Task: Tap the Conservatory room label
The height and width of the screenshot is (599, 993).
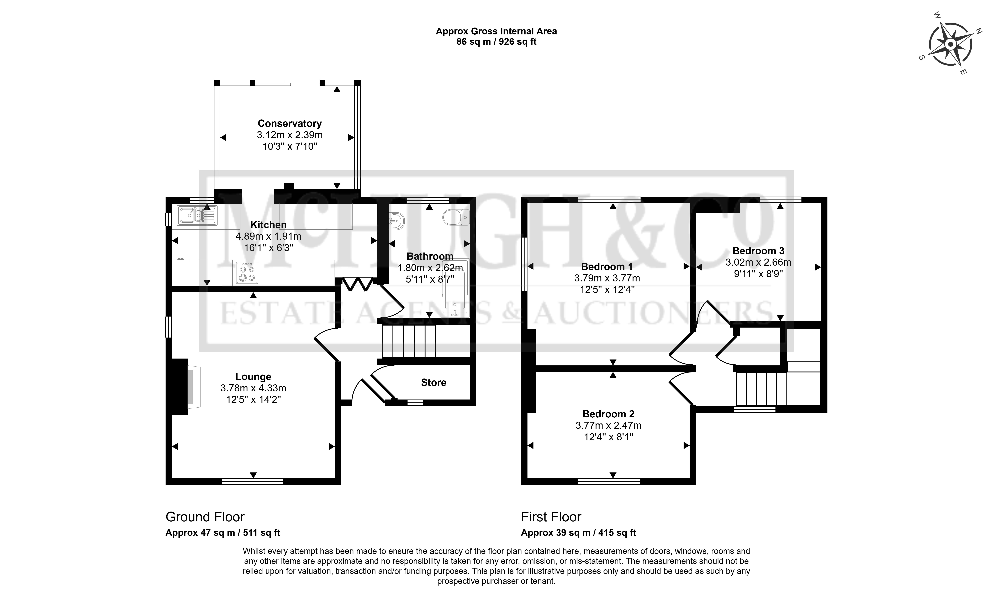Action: [x=290, y=123]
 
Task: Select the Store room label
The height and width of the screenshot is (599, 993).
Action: [x=434, y=382]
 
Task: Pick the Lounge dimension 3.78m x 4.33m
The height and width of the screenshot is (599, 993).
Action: [x=253, y=388]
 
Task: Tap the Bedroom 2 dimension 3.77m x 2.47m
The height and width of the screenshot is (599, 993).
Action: [x=608, y=425]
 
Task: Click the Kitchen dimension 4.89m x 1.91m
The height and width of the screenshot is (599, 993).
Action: [x=268, y=236]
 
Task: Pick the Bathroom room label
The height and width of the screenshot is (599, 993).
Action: [x=430, y=256]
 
